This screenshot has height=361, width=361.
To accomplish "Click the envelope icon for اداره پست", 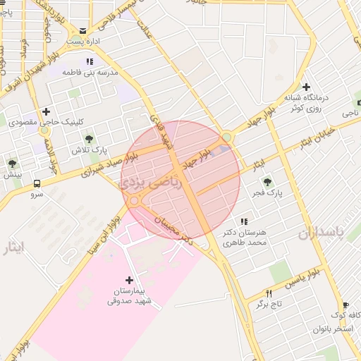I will pyautogui.click(x=83, y=31).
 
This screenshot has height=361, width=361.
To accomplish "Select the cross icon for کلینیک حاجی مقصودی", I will pyautogui.click(x=46, y=111).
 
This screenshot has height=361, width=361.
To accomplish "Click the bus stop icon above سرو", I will pyautogui.click(x=36, y=184).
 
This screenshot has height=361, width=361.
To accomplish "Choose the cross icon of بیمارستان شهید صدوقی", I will pyautogui.click(x=128, y=280).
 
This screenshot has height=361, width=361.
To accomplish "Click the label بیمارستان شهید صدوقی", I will pyautogui.click(x=133, y=296).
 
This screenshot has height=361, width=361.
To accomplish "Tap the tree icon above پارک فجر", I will pyautogui.click(x=267, y=182).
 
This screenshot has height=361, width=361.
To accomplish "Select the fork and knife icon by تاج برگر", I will pyautogui.click(x=268, y=293).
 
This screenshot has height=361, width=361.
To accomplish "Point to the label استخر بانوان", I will pyautogui.click(x=334, y=329).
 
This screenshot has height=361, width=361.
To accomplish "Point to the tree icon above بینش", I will pyautogui.click(x=12, y=164).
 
